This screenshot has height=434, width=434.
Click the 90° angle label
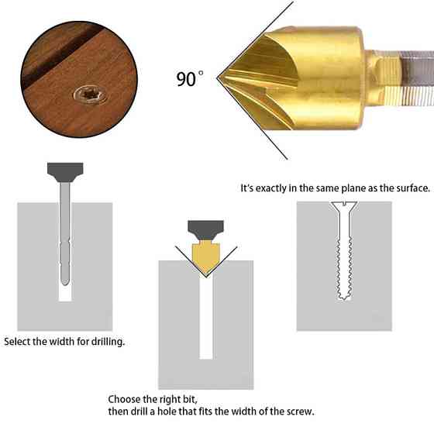[x=190, y=78]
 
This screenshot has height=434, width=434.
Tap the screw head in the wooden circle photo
[x=90, y=95]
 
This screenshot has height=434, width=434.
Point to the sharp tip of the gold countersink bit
[x=218, y=78]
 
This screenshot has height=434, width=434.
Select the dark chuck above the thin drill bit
[x=65, y=172]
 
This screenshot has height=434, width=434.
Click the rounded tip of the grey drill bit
[x=65, y=281]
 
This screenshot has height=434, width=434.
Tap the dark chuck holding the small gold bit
[x=205, y=230]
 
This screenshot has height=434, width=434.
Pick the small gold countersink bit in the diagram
[x=205, y=257]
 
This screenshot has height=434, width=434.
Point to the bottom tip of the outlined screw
[x=343, y=298]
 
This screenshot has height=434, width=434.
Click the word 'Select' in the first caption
[x=17, y=341]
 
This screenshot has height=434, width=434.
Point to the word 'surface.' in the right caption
[x=414, y=188]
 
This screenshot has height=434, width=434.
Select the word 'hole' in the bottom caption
[x=167, y=412]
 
